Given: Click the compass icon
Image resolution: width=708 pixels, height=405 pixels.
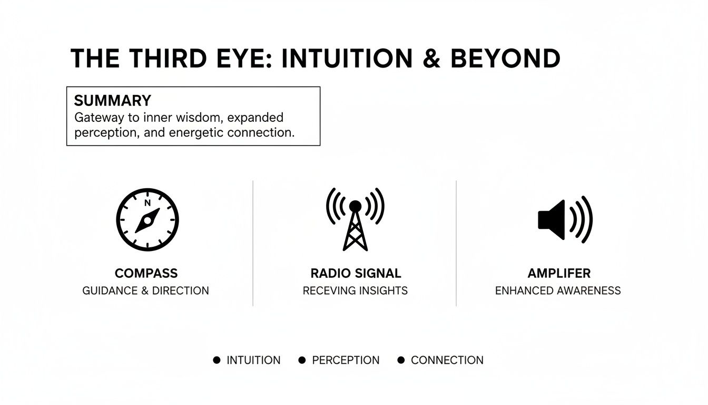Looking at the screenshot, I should [x=147, y=219].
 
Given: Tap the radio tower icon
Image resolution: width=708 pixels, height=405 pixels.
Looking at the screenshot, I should [x=355, y=219].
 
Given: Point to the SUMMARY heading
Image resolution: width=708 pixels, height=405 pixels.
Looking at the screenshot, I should [x=112, y=101].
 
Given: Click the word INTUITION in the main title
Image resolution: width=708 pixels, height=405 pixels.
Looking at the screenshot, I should [x=347, y=59].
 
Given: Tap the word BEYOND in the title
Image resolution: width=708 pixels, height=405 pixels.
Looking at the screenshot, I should [x=505, y=59].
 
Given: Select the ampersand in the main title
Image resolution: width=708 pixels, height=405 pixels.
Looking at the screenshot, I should [x=431, y=59].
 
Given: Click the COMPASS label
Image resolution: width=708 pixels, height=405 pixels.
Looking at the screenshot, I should [x=146, y=273].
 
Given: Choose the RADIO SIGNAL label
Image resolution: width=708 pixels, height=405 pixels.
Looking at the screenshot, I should [x=356, y=273].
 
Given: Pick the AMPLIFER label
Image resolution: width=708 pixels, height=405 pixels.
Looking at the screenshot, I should [x=558, y=273].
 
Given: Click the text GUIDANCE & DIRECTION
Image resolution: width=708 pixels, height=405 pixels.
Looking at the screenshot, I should [x=145, y=291].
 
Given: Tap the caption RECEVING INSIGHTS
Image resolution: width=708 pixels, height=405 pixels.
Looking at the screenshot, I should [x=355, y=291].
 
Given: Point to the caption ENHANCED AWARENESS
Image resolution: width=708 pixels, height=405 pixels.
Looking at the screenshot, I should [x=558, y=291].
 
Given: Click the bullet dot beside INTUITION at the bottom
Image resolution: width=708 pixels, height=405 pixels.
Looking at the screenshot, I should [x=217, y=360].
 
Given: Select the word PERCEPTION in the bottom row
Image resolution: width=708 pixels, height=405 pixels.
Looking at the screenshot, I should [x=346, y=360].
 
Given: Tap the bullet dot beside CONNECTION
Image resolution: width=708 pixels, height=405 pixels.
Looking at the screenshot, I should [x=401, y=360].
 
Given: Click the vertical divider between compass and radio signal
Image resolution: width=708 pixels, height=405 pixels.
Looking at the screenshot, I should [x=253, y=243].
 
